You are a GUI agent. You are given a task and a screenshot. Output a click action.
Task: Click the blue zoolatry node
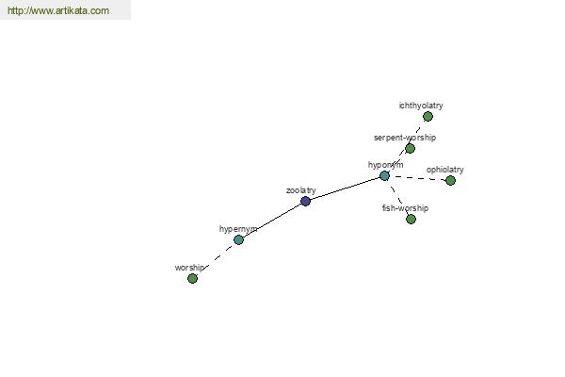pyautogui.click(x=305, y=201)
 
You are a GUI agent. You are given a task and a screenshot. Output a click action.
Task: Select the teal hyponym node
pyautogui.click(x=384, y=175)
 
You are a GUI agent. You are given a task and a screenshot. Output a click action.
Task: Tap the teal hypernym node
pyautogui.click(x=238, y=239)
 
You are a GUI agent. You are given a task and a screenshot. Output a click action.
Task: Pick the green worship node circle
pyautogui.click(x=192, y=278)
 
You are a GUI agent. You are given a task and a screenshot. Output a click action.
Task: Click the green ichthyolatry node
pyautogui.click(x=428, y=116)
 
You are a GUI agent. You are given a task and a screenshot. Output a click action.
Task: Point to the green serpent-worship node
pyautogui.click(x=410, y=148)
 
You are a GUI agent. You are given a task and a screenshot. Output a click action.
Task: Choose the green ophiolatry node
pyautogui.click(x=450, y=180)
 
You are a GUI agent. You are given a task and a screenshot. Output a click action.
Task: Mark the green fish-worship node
pyautogui.click(x=411, y=219)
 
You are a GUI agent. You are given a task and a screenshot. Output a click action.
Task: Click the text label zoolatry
pyautogui.click(x=301, y=190)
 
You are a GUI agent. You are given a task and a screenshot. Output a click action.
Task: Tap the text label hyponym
pyautogui.click(x=385, y=165)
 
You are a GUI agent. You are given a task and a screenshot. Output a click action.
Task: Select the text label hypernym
pyautogui.click(x=238, y=229)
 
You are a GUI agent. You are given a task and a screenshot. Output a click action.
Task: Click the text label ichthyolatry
pyautogui.click(x=421, y=106)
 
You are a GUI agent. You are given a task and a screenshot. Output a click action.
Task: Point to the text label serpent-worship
pyautogui.click(x=405, y=138)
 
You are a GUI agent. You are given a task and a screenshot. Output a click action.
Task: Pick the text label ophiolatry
pyautogui.click(x=445, y=170)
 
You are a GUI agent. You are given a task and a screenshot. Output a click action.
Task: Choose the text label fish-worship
pyautogui.click(x=405, y=208)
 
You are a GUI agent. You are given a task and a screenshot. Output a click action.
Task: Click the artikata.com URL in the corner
pyautogui.click(x=58, y=10)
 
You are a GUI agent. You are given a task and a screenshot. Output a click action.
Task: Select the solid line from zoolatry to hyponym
pyautogui.click(x=346, y=188)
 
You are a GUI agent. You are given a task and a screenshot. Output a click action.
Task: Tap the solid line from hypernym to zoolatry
pyautogui.click(x=272, y=221)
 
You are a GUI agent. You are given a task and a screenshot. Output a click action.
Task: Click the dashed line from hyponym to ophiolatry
pyautogui.click(x=418, y=177)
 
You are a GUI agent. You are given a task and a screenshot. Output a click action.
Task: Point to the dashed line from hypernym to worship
pyautogui.click(x=217, y=258)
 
